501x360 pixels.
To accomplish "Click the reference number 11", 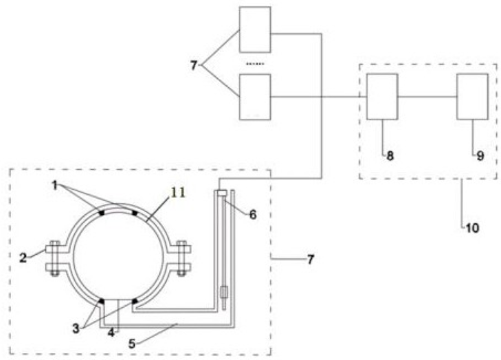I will click(x=178, y=194).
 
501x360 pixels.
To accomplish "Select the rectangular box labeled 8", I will click(x=381, y=97).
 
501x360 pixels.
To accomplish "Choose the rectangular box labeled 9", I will click(x=473, y=97).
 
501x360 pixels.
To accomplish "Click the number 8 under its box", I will click(x=390, y=156).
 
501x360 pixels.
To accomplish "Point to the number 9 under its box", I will click(x=480, y=156).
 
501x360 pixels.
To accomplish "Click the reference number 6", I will click(x=253, y=214).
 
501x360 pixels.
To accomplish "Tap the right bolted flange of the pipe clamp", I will click(x=181, y=258).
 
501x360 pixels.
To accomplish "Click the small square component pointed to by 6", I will click(x=220, y=194).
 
